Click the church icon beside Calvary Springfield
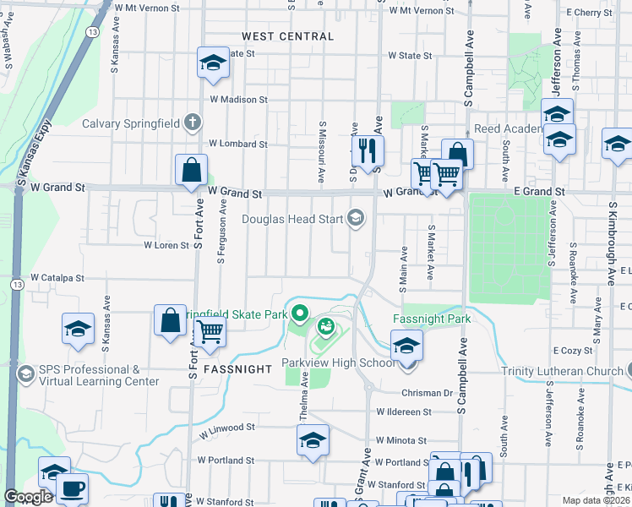(x=193, y=123)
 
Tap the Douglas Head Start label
(x=292, y=220)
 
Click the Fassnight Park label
(x=431, y=319)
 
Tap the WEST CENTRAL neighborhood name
(x=287, y=36)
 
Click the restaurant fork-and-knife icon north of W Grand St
(x=368, y=150)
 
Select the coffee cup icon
(x=71, y=488)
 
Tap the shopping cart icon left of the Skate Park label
(x=210, y=332)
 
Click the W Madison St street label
(x=239, y=99)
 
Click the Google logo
(x=28, y=497)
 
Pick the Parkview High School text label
(x=337, y=363)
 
